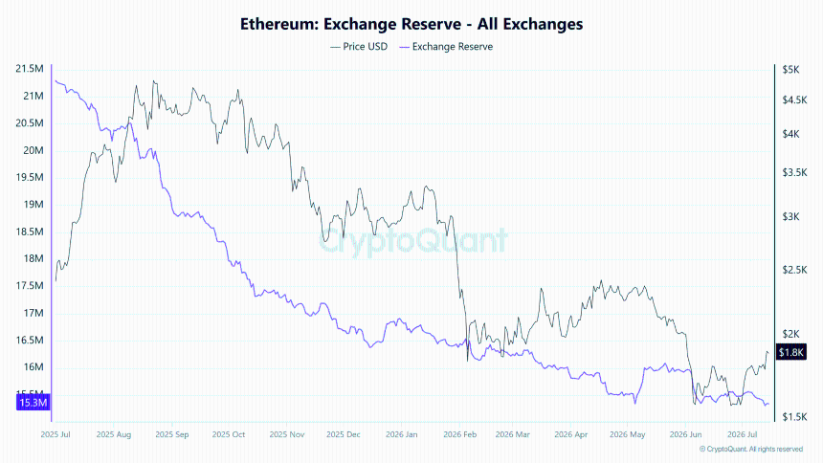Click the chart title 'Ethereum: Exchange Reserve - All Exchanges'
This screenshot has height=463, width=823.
coord(411,24)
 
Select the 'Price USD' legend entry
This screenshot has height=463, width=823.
coord(359,47)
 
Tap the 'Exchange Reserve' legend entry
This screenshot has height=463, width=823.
coord(446,47)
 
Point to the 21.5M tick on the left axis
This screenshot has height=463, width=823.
coord(30,69)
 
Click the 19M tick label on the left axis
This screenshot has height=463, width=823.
coord(33,204)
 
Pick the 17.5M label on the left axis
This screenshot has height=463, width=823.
coord(30,286)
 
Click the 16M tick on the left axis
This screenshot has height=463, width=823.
coord(33,367)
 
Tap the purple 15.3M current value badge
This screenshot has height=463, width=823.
coord(33,403)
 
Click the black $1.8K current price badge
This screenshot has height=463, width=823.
coord(791,352)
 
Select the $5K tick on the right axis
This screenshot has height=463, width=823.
coord(790,69)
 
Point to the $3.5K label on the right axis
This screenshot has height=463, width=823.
coord(794,172)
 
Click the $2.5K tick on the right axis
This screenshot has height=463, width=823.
coord(794,270)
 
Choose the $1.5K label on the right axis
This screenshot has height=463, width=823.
coord(794,417)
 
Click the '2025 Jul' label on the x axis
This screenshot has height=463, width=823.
coord(56,434)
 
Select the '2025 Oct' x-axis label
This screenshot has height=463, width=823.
coord(229,434)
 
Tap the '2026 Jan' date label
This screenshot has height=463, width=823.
coord(402,434)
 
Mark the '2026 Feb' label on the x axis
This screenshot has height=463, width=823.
coord(459,434)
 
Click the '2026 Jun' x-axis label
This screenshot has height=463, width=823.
coord(685,434)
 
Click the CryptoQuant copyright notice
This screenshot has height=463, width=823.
coord(751,450)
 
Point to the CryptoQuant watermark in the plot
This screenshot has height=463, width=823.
coord(413,240)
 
